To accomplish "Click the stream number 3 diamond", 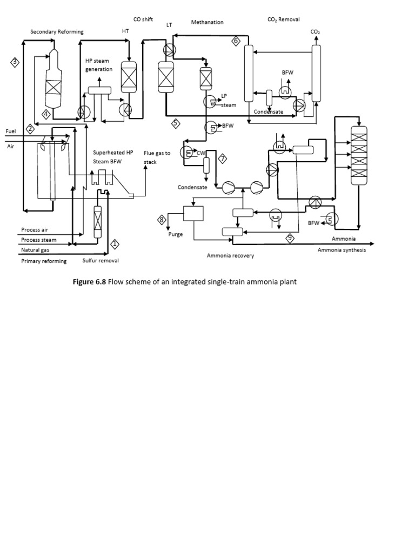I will tap(15, 63).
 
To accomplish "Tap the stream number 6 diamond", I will tap(235, 41).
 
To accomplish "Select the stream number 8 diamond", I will tap(160, 219).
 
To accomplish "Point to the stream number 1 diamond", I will tap(115, 244).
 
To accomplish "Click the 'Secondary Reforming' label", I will tap(57, 32).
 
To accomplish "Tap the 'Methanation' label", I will tap(207, 22).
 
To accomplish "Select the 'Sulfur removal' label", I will tap(101, 261).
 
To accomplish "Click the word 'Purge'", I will tap(176, 234).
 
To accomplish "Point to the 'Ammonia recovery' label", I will tap(230, 255).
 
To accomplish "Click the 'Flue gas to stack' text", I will tap(157, 157).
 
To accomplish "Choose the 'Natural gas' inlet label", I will tap(35, 250).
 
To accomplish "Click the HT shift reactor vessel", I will tap(129, 76).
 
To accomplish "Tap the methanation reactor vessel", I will tap(206, 78).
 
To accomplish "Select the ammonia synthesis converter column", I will tap(358, 154).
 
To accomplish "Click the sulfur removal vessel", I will tap(98, 222).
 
